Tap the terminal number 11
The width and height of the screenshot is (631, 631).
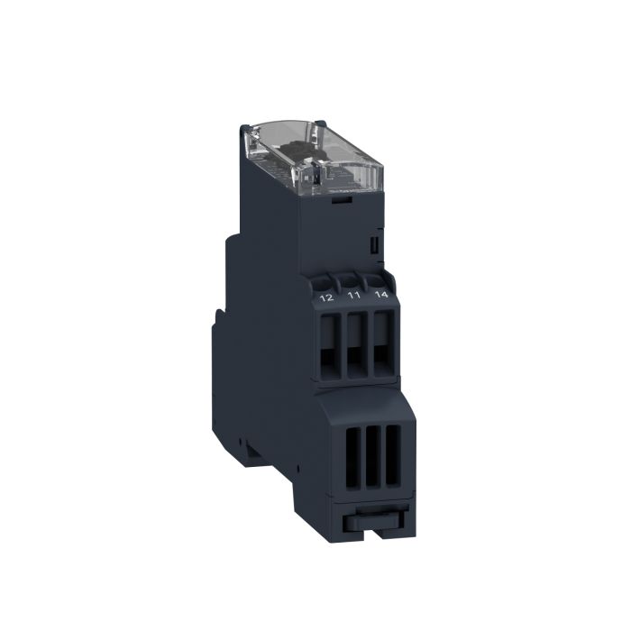[355, 295]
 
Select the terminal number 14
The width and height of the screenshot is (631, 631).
[381, 294]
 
